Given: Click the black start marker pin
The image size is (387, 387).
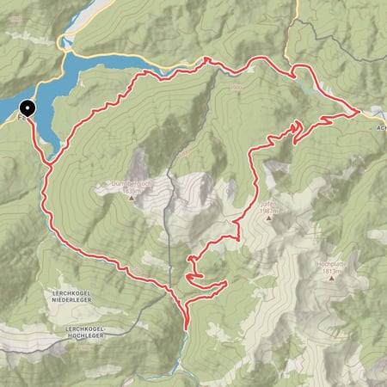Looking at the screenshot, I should point(27,109).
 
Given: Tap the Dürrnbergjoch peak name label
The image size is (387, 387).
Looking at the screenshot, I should point(132,183).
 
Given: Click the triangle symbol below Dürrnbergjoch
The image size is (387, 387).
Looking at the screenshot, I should point(132,199).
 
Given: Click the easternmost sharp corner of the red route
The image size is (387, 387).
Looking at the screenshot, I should point(359,112).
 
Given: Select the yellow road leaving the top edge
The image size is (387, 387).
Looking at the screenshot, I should point(296,7).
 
